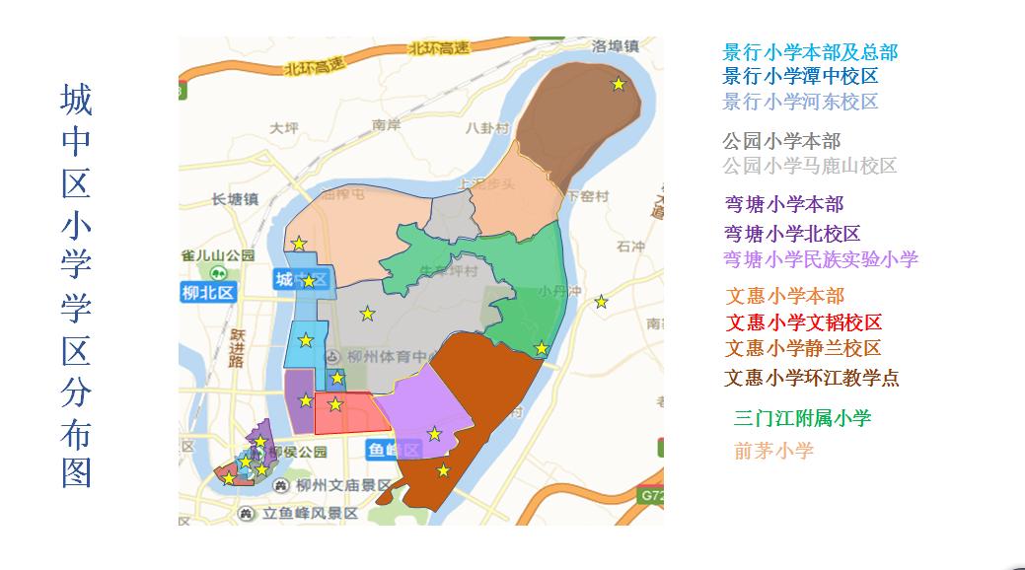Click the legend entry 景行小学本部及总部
pos(810,52)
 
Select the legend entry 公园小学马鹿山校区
pos(809,166)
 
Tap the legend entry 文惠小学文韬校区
pos(804,322)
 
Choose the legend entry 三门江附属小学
pos(802,418)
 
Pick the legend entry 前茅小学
pos(773,451)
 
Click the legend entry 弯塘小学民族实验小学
pos(821,259)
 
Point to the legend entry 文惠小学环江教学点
pos(812,378)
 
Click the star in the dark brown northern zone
pos(619,85)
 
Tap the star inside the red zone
pos(335,404)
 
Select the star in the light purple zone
pos(434,433)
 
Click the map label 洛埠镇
pos(615,45)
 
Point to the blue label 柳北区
pos(207,292)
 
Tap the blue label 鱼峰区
pos(395,450)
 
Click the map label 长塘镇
pos(234,199)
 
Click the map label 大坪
pos(283,127)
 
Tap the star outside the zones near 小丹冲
pos(601,302)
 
